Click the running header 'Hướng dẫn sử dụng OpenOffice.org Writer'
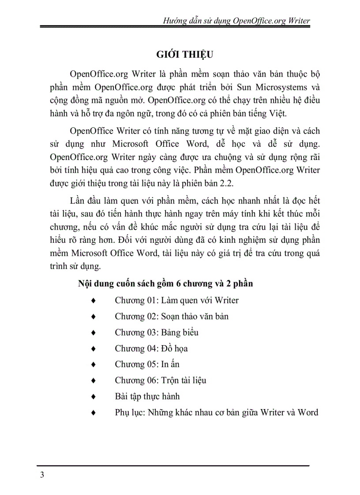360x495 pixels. [x=236, y=20]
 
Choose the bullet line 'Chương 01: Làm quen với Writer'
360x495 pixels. [x=176, y=301]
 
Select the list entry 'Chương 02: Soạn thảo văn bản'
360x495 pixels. [x=172, y=316]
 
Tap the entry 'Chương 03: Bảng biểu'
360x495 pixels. [x=157, y=332]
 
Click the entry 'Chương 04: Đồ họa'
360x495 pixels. [x=151, y=348]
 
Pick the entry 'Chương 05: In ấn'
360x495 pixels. [x=147, y=365]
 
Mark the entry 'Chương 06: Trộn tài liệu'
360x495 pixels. [x=161, y=380]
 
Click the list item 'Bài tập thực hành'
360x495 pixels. [x=147, y=396]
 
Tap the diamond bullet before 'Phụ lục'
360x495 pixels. [x=93, y=413]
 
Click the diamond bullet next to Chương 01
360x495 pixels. [x=93, y=301]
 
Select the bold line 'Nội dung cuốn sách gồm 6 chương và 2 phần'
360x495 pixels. [x=165, y=284]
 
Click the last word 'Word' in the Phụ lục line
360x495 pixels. [x=308, y=413]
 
